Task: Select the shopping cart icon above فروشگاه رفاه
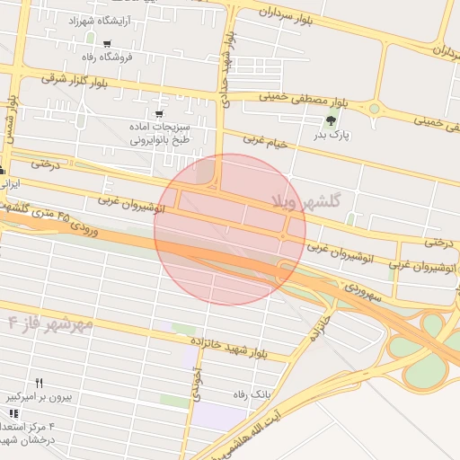coord(108,44)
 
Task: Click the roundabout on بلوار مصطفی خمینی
coord(375,108)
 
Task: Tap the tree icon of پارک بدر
coord(332,120)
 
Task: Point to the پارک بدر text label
coord(330,136)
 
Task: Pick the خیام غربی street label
coord(267,142)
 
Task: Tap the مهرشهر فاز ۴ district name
coord(50,323)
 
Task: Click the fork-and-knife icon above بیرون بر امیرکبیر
coord(38,383)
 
